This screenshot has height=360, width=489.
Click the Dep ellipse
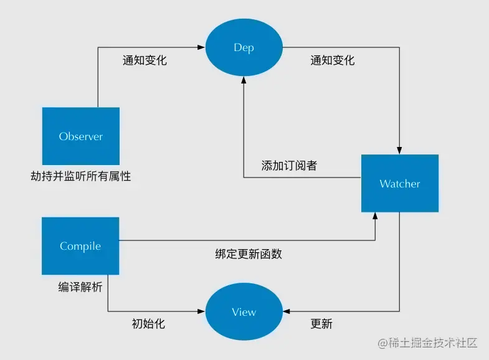tap(244, 47)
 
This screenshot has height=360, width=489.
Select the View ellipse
tap(244, 311)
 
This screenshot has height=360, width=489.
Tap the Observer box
tap(80, 136)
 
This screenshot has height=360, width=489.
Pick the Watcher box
tap(400, 184)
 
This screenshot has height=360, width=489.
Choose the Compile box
tap(80, 246)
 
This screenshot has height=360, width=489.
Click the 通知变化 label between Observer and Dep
tap(145, 60)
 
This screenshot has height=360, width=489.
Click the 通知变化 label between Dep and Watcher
tap(333, 60)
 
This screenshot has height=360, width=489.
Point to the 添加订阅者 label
tap(289, 166)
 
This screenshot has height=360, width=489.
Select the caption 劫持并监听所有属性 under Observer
tap(81, 176)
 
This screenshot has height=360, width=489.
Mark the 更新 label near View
tap(321, 324)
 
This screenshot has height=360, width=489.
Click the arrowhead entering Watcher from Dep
tap(400, 151)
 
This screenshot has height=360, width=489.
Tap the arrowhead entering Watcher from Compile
tap(375, 216)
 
